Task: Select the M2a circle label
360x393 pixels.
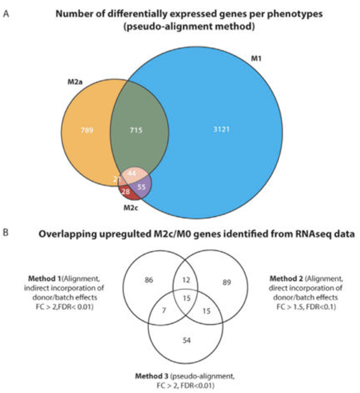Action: coord(76,82)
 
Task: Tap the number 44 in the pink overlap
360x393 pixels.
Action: coord(132,173)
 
